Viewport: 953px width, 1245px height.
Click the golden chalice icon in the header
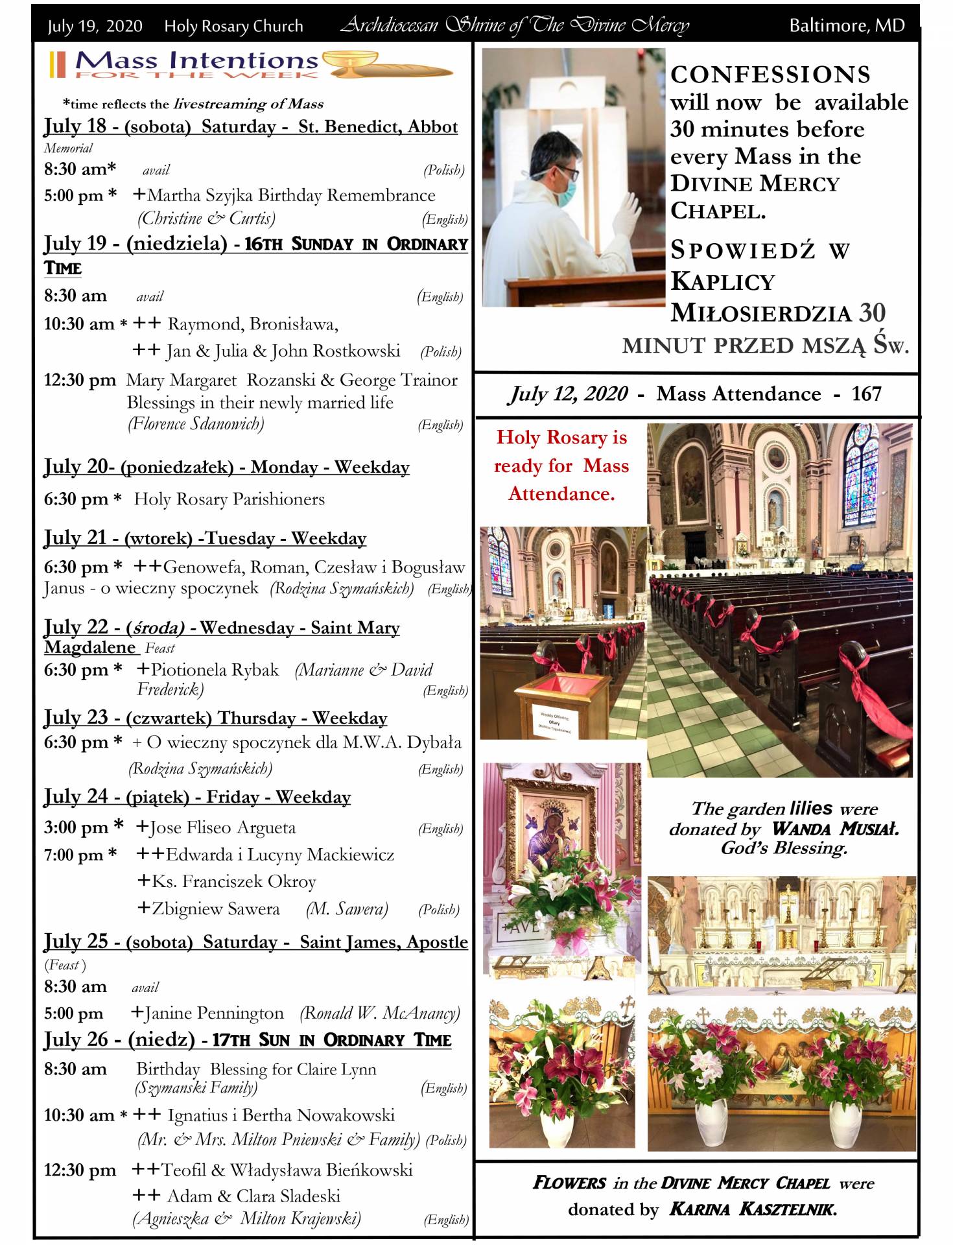coord(350,64)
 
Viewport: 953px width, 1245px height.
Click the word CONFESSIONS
coord(770,75)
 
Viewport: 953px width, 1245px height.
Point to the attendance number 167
coord(866,394)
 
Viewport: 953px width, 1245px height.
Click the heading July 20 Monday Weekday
coord(226,467)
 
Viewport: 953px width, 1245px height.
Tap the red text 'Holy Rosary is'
coord(561,438)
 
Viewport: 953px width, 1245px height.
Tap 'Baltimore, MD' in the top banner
coord(846,26)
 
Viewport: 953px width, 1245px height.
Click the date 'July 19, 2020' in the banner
coord(95,26)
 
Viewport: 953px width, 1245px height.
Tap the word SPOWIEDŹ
coord(742,250)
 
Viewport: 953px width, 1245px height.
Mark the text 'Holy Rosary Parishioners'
coord(229,499)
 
